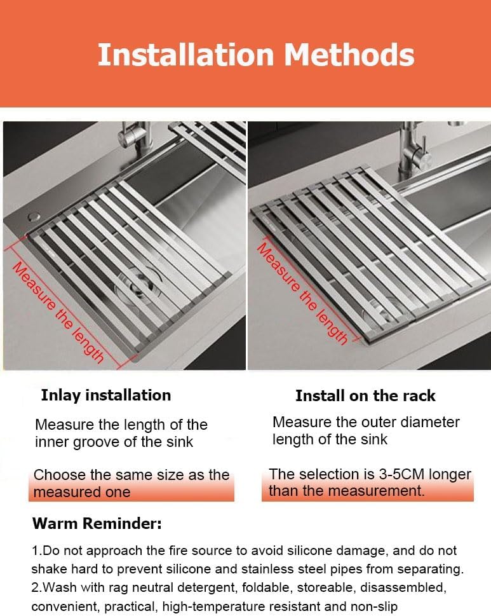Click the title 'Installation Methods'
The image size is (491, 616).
click(x=255, y=55)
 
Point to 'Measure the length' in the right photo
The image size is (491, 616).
click(x=302, y=293)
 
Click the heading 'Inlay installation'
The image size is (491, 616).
click(x=105, y=395)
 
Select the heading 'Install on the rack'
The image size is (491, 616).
click(x=365, y=395)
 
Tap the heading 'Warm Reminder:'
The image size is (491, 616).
click(x=97, y=524)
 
